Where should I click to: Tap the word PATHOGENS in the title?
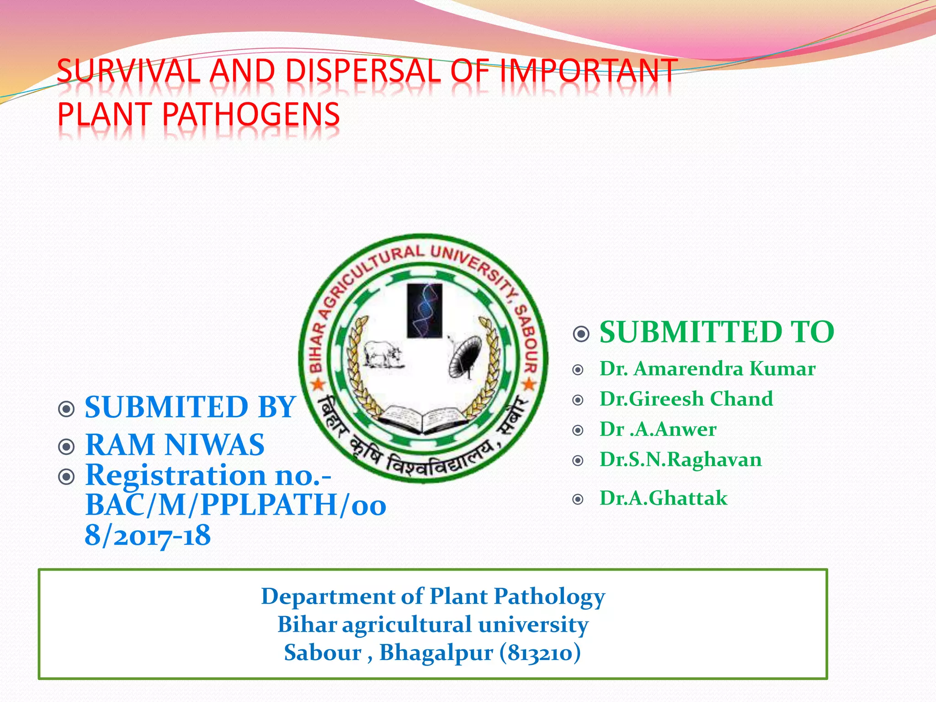[251, 114]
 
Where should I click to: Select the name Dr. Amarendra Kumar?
[707, 369]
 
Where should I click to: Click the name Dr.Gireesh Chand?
[686, 399]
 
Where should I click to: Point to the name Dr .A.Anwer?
[658, 429]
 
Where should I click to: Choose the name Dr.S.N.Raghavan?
[681, 459]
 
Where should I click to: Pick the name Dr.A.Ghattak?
[663, 498]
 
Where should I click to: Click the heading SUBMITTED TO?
[717, 332]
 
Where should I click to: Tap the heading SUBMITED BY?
[190, 407]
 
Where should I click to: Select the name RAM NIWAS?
[175, 445]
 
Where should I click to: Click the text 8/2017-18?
[148, 535]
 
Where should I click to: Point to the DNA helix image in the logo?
[425, 310]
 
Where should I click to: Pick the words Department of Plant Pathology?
[433, 596]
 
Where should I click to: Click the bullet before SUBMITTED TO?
[581, 334]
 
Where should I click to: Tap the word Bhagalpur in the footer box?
[436, 653]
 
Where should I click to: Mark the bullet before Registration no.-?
[67, 477]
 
